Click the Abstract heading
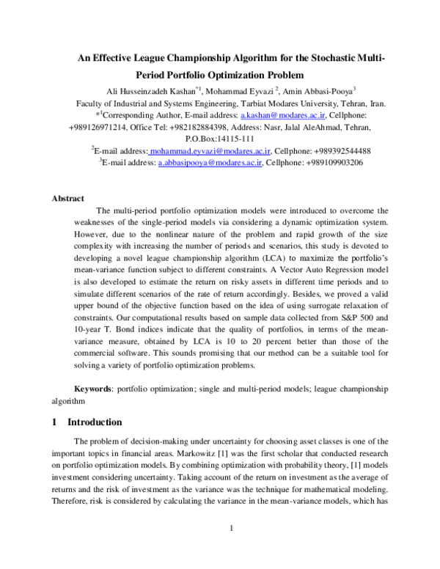tap(68, 198)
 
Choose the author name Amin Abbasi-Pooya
tap(318, 92)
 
